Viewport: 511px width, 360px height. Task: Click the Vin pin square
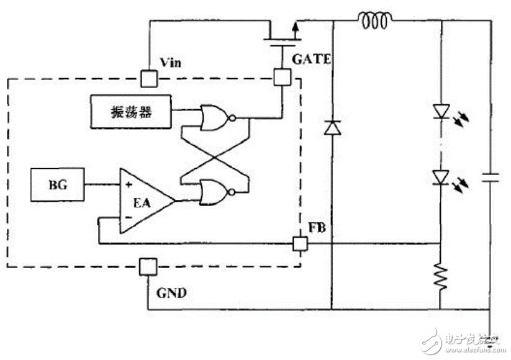click(148, 78)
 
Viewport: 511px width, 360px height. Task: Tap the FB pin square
click(300, 243)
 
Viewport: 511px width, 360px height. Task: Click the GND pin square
click(148, 268)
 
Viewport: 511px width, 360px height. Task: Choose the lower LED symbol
click(440, 177)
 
